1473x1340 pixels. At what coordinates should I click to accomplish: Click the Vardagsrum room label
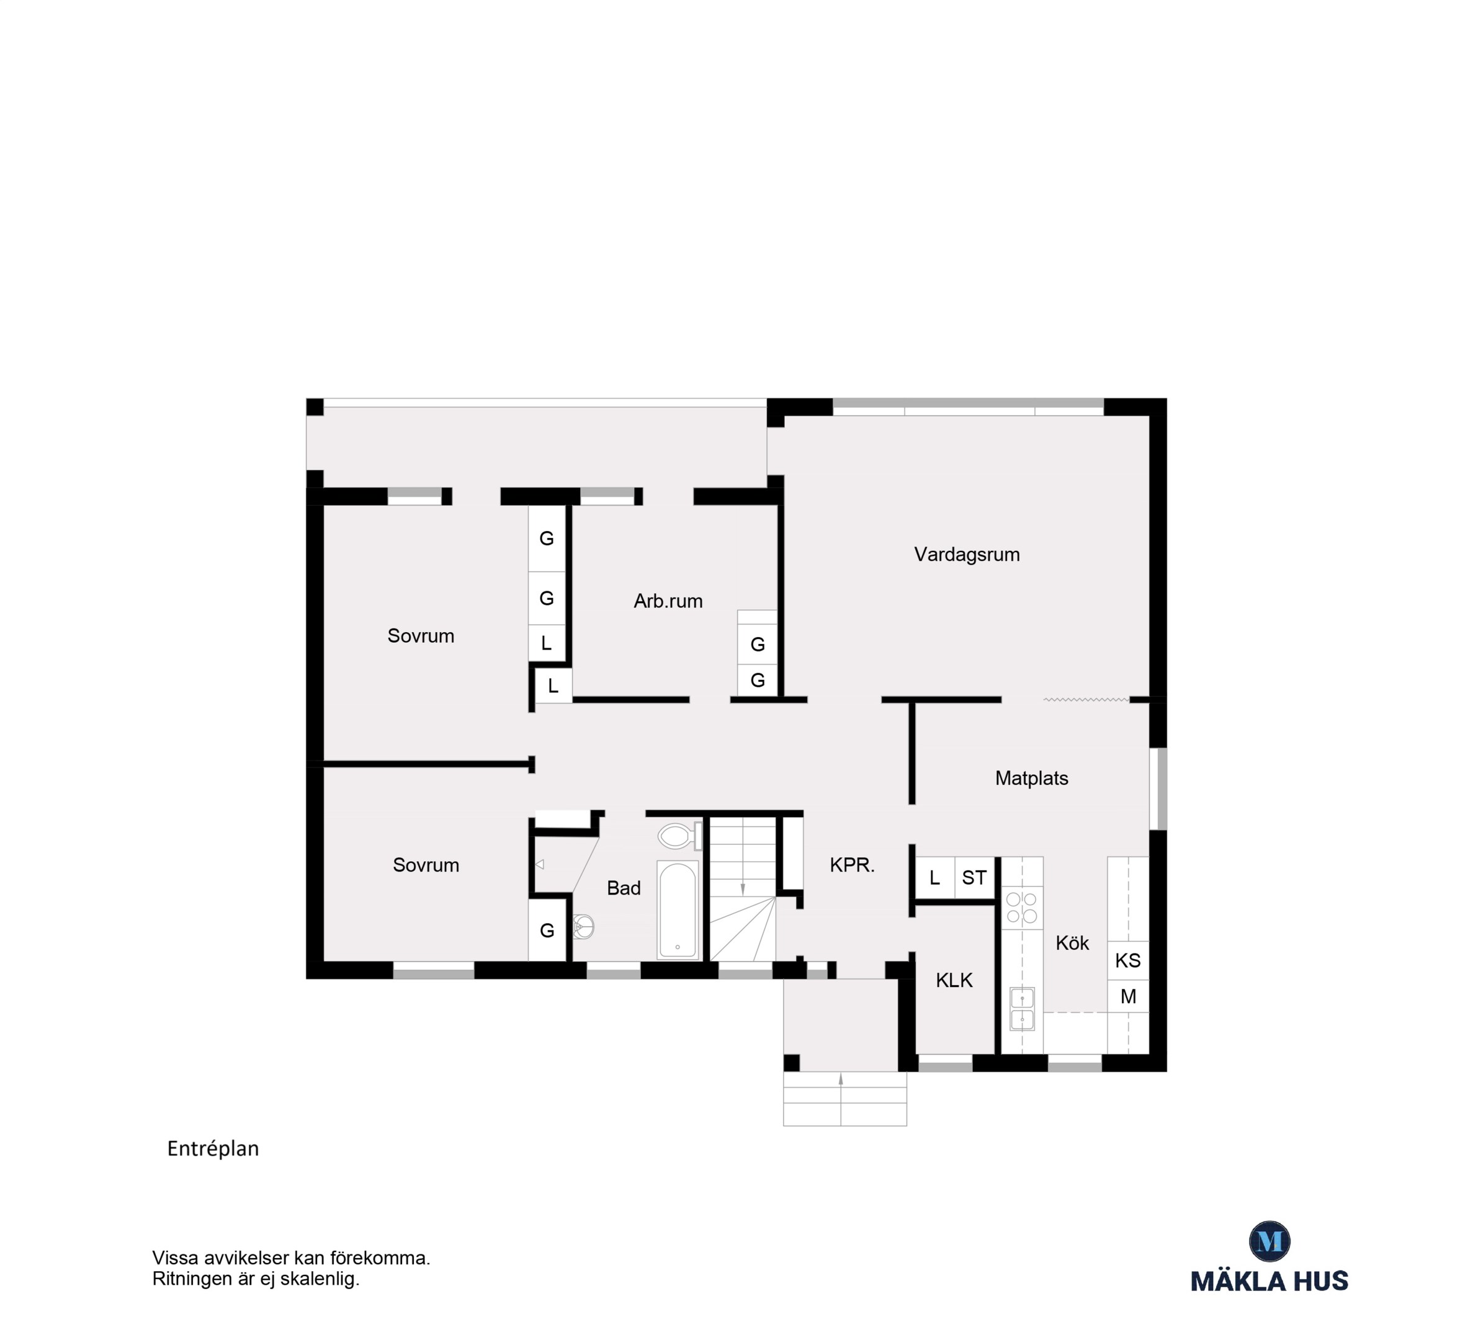pyautogui.click(x=967, y=555)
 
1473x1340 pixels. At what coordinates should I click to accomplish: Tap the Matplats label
pyautogui.click(x=1032, y=778)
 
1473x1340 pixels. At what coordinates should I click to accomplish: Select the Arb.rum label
pyautogui.click(x=668, y=601)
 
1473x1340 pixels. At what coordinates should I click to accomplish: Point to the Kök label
pyautogui.click(x=1073, y=942)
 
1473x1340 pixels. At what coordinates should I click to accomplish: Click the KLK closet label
pyautogui.click(x=954, y=981)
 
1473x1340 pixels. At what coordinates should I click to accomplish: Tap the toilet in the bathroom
pyautogui.click(x=680, y=836)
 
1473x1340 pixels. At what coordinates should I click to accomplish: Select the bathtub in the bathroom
pyautogui.click(x=679, y=910)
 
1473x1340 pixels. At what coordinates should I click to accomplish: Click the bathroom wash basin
pyautogui.click(x=583, y=927)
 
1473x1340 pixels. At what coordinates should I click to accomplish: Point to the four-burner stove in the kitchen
pyautogui.click(x=1022, y=908)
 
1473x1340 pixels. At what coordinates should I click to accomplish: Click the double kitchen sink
pyautogui.click(x=1022, y=1008)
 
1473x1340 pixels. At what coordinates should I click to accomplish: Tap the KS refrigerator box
pyautogui.click(x=1128, y=960)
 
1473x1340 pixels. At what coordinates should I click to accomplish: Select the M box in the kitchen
pyautogui.click(x=1128, y=996)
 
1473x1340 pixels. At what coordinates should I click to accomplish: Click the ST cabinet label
pyautogui.click(x=975, y=877)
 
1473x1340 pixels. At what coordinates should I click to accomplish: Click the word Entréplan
pyautogui.click(x=213, y=1148)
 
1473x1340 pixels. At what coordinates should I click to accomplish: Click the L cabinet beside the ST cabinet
pyautogui.click(x=935, y=877)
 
